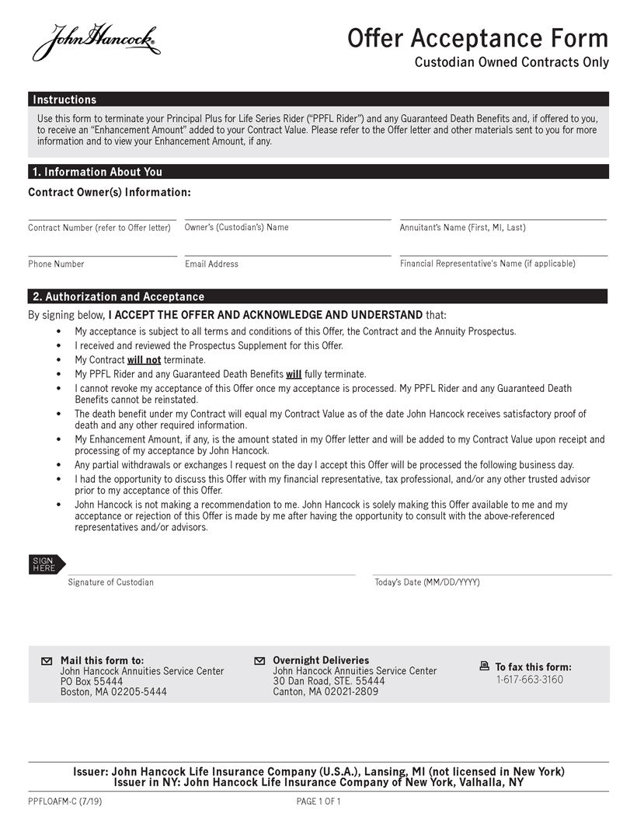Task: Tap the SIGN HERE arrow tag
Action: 47,565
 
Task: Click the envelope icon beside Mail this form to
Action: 47,661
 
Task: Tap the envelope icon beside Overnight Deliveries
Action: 259,661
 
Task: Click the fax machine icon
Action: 485,666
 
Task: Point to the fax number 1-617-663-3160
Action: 530,680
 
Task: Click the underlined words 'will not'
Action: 144,360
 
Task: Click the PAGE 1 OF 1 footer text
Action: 318,801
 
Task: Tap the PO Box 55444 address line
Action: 92,681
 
